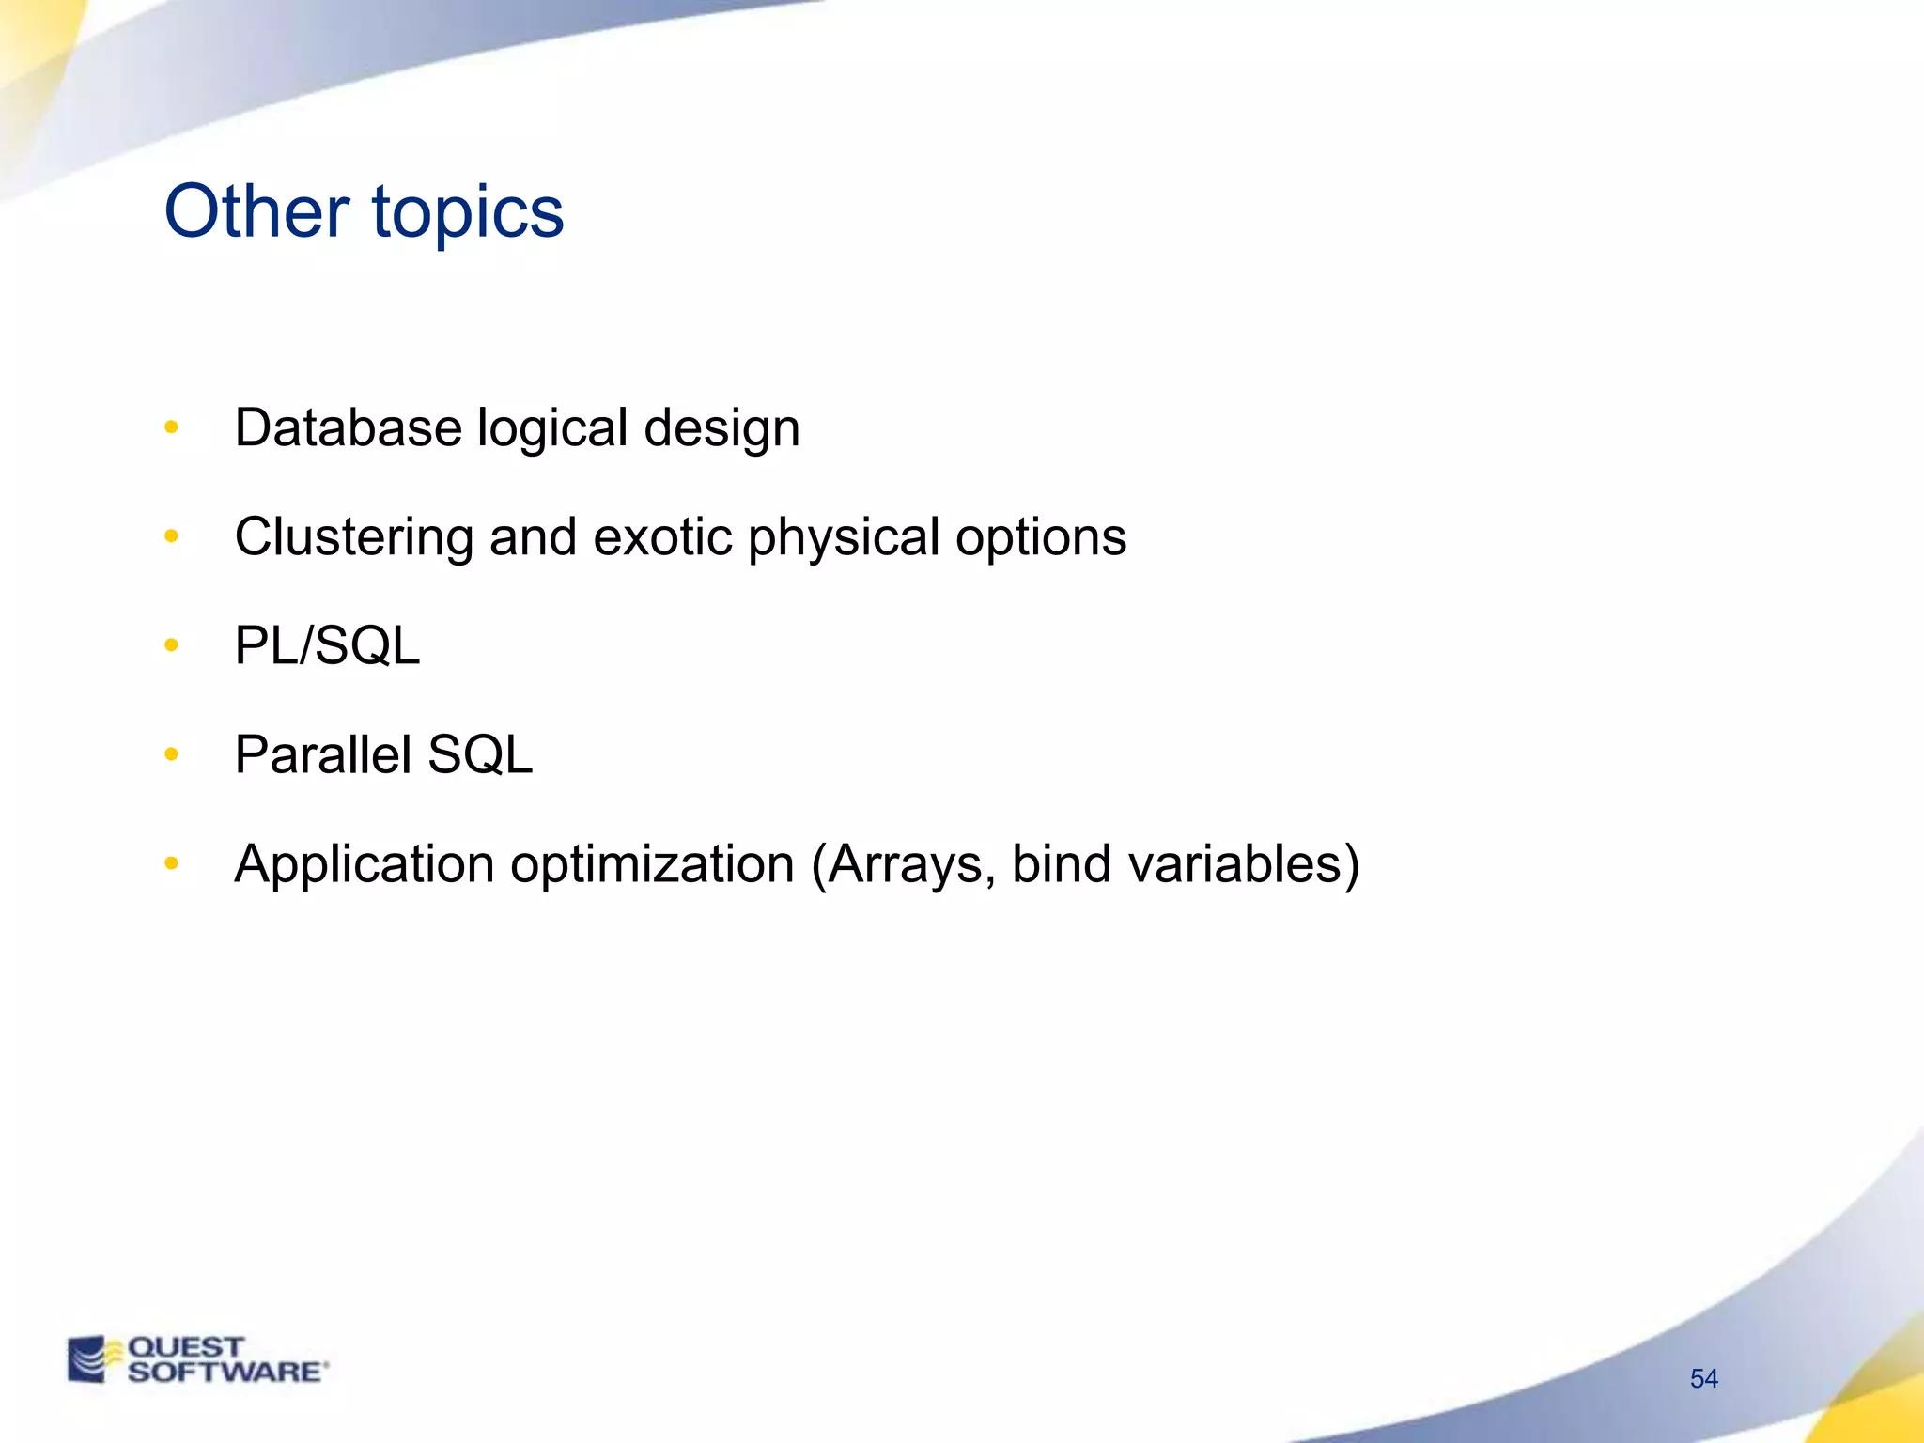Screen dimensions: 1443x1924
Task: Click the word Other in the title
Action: (x=256, y=210)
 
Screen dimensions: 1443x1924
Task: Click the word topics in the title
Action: (x=468, y=214)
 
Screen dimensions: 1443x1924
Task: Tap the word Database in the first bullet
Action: (x=348, y=427)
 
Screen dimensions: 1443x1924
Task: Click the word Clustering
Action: (x=353, y=538)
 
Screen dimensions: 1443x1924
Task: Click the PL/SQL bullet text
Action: (x=327, y=646)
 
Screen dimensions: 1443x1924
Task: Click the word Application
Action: (x=364, y=865)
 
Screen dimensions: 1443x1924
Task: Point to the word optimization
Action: (x=652, y=865)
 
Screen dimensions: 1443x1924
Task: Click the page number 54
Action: (x=1703, y=1378)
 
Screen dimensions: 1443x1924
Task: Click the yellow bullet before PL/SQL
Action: (x=171, y=645)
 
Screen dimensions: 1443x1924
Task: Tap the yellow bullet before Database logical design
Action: (x=171, y=427)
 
